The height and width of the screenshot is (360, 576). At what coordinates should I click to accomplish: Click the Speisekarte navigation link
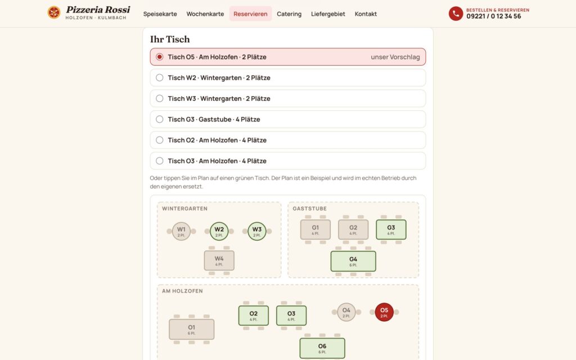pyautogui.click(x=160, y=14)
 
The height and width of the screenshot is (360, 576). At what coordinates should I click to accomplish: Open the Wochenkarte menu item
pyautogui.click(x=205, y=14)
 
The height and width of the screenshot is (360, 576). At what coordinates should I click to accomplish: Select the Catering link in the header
pyautogui.click(x=289, y=14)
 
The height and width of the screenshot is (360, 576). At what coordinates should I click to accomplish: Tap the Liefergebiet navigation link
pyautogui.click(x=328, y=14)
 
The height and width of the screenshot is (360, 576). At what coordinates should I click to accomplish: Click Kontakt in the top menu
pyautogui.click(x=366, y=14)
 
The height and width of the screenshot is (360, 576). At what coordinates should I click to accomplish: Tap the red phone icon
pyautogui.click(x=456, y=13)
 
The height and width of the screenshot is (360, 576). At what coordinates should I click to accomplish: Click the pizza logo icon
pyautogui.click(x=54, y=12)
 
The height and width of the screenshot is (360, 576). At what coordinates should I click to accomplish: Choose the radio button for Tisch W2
pyautogui.click(x=159, y=78)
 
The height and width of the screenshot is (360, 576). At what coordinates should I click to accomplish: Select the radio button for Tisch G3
pyautogui.click(x=159, y=119)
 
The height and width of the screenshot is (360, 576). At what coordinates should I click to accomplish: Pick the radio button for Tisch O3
pyautogui.click(x=159, y=160)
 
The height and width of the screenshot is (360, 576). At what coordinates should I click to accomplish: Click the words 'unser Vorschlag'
pyautogui.click(x=395, y=57)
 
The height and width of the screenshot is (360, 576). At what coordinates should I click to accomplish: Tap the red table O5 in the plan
pyautogui.click(x=384, y=312)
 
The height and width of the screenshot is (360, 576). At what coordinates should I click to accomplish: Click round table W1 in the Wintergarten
pyautogui.click(x=181, y=231)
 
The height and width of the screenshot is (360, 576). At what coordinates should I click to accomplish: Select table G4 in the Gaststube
pyautogui.click(x=353, y=261)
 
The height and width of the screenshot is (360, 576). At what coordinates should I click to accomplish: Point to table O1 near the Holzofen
pyautogui.click(x=191, y=329)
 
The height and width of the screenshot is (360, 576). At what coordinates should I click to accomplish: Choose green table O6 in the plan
pyautogui.click(x=322, y=348)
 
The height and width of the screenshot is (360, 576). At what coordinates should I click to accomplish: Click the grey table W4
pyautogui.click(x=219, y=260)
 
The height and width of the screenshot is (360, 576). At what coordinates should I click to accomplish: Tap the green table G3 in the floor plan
pyautogui.click(x=391, y=229)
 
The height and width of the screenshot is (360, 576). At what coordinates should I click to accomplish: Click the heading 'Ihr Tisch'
pyautogui.click(x=170, y=39)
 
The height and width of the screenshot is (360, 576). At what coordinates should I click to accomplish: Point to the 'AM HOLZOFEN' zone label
pyautogui.click(x=182, y=291)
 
